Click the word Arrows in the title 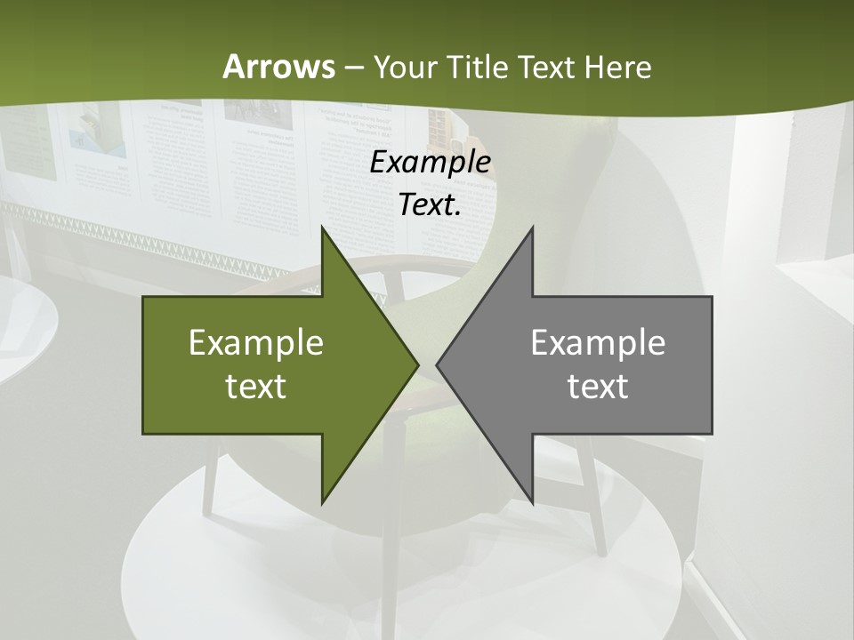278,67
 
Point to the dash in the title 353,68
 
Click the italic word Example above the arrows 430,162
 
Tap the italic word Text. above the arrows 430,204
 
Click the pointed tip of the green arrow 417,365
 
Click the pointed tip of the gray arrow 438,365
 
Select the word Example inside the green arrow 256,343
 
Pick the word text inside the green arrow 256,386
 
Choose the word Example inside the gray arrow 598,343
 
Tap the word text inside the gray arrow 598,386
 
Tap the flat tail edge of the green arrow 144,365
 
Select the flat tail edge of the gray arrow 711,365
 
